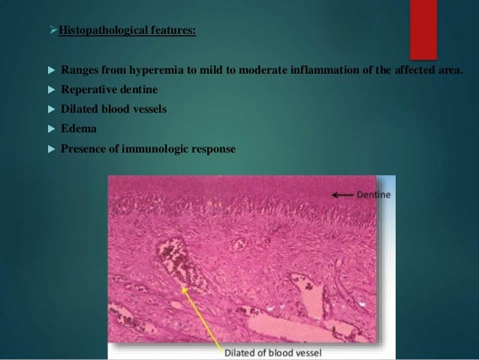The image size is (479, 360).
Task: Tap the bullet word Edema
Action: (76, 129)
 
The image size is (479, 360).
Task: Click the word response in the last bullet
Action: (213, 149)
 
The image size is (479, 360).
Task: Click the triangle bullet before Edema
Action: (50, 129)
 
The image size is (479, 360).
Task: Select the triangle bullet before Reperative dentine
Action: (50, 90)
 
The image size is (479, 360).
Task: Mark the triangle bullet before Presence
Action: (50, 149)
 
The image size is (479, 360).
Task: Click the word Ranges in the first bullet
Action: (82, 71)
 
